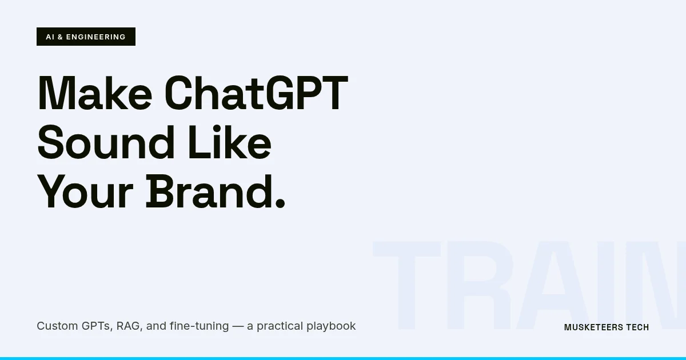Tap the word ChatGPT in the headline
256,94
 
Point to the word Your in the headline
85,192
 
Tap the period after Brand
280,202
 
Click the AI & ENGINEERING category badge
86,37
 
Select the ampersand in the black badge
60,37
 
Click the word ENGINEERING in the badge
95,37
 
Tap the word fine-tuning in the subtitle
199,326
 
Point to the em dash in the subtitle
238,326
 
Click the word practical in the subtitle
280,326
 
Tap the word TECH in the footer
637,327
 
